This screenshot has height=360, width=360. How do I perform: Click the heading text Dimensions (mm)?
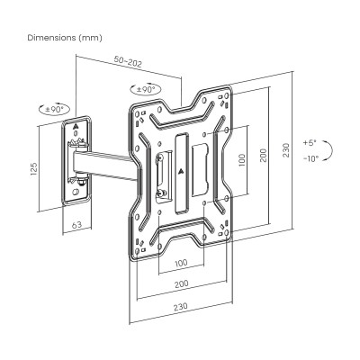[x=65, y=38]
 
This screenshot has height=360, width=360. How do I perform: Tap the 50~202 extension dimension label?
[x=128, y=61]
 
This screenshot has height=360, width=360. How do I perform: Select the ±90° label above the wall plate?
[x=55, y=109]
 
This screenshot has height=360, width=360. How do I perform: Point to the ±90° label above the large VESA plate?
[x=146, y=89]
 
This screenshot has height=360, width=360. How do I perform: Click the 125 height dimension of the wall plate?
[x=34, y=169]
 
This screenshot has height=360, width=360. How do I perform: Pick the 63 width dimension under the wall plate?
[x=77, y=224]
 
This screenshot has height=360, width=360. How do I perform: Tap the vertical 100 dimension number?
[x=241, y=159]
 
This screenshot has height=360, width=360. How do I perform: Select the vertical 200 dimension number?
[x=263, y=155]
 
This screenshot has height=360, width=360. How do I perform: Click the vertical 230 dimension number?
[x=285, y=150]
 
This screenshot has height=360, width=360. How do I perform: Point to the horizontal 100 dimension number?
[x=181, y=263]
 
